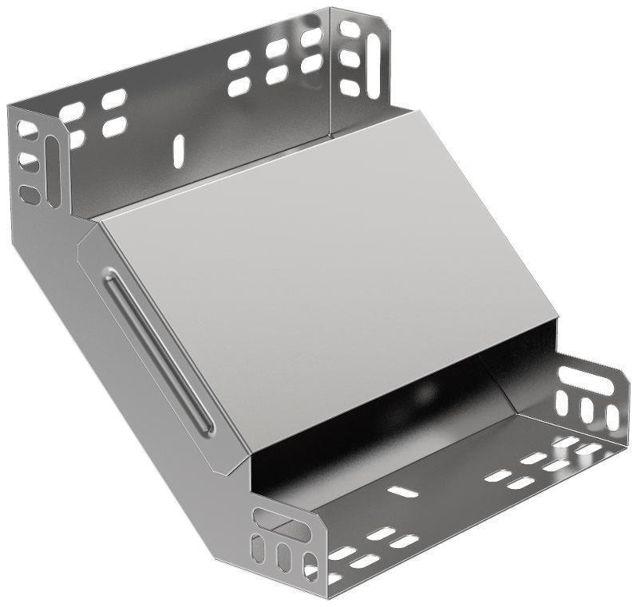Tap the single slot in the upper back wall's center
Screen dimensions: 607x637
179,151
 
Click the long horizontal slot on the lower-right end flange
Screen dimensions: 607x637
585,379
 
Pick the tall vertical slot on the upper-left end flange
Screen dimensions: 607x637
52,171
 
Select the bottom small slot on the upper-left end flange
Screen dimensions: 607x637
30,194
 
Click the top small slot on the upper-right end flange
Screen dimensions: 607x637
349,30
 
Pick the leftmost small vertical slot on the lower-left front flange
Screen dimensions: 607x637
259,550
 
